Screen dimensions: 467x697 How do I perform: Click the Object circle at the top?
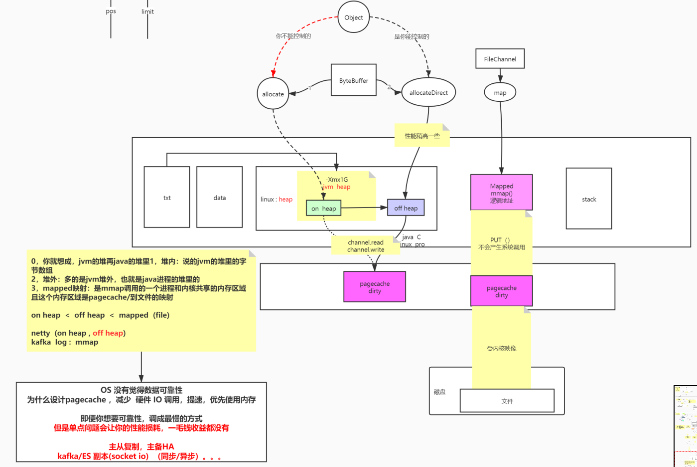(x=354, y=17)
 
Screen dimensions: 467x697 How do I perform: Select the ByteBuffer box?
(x=354, y=80)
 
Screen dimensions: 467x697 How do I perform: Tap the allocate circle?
(x=273, y=94)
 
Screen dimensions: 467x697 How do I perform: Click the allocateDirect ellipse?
(x=428, y=92)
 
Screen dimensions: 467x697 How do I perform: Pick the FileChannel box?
(x=500, y=59)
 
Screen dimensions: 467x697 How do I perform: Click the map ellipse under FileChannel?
(x=500, y=93)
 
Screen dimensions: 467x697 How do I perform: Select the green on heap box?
(x=323, y=209)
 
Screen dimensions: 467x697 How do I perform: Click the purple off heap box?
(x=406, y=208)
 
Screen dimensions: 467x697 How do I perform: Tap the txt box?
(x=167, y=198)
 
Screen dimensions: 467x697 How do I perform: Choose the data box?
(x=219, y=198)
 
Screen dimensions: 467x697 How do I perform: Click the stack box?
(x=588, y=199)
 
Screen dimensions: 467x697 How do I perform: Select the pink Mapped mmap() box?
(x=501, y=193)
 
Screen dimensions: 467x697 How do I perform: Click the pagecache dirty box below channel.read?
(x=375, y=287)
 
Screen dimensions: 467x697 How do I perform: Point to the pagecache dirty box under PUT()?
(x=501, y=291)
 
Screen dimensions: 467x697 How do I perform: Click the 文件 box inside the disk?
(x=507, y=401)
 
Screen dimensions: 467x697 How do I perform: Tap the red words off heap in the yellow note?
(x=108, y=333)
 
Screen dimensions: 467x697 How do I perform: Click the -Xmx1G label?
(x=337, y=180)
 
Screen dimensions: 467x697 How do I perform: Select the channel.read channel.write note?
(x=366, y=245)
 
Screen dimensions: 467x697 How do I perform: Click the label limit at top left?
(x=147, y=11)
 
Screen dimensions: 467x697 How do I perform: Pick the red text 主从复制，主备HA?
(x=141, y=447)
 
